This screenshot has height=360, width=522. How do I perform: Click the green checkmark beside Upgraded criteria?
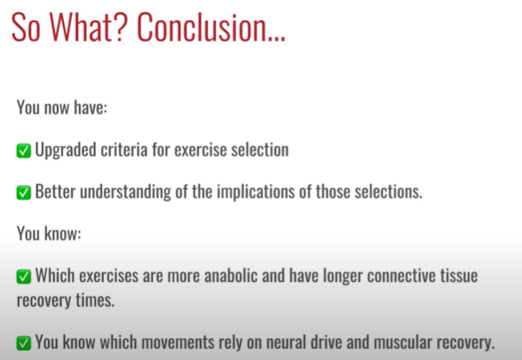pyautogui.click(x=23, y=150)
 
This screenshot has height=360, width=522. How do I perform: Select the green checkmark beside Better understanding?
pyautogui.click(x=23, y=193)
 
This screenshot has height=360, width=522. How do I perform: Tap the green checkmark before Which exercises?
pyautogui.click(x=23, y=277)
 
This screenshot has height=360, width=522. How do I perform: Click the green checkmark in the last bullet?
pyautogui.click(x=23, y=343)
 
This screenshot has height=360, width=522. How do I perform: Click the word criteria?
pyautogui.click(x=124, y=150)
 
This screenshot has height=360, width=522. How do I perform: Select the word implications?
pyautogui.click(x=256, y=192)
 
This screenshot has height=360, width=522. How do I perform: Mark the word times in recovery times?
pyautogui.click(x=95, y=300)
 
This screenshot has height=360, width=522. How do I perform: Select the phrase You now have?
pyautogui.click(x=62, y=107)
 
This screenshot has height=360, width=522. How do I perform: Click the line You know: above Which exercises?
pyautogui.click(x=49, y=233)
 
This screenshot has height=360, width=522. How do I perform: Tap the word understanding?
pyautogui.click(x=125, y=192)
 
